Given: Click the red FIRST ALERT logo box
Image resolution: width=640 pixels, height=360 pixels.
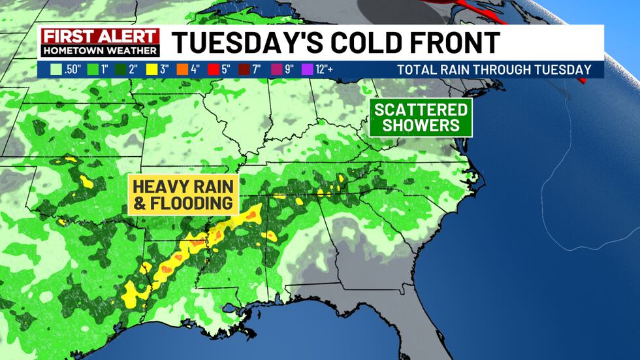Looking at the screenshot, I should [100, 37].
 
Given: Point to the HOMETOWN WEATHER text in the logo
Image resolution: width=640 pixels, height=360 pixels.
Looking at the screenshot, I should [100, 50].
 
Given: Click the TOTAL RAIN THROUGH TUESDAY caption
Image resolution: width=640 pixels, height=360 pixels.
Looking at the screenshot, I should [494, 69].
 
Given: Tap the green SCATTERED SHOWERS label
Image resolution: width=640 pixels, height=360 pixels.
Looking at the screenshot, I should [421, 118].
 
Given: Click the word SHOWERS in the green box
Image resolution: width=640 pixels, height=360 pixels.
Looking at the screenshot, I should [421, 125].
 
